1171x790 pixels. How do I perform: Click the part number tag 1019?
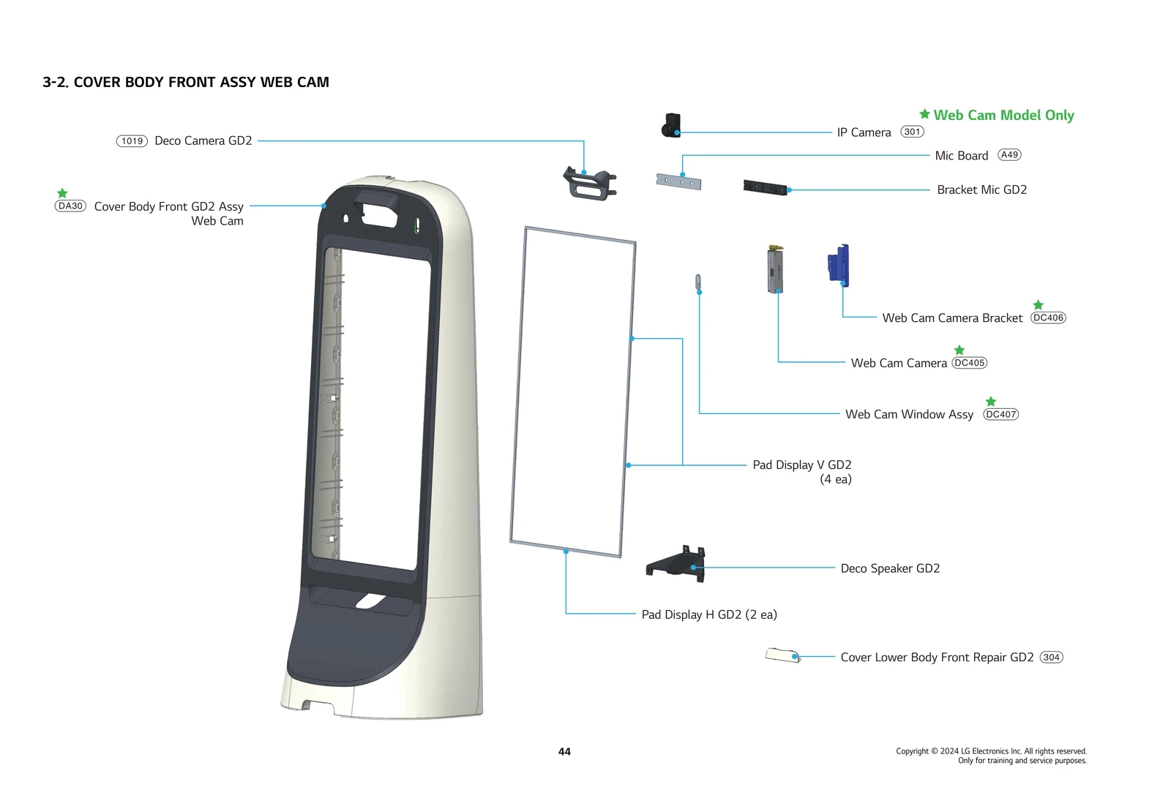point(132,141)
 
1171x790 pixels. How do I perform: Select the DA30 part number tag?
point(70,206)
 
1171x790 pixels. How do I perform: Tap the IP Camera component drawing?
point(672,125)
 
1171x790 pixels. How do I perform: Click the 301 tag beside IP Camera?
point(912,132)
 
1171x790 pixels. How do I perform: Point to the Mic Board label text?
point(961,156)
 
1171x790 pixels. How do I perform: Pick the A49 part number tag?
point(1009,155)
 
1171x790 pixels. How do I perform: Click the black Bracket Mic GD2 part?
point(765,187)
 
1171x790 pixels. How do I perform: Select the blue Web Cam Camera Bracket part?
point(839,265)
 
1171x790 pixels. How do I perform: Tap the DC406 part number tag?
point(1048,317)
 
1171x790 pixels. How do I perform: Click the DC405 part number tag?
point(969,363)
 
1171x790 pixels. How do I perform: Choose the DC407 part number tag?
point(1000,414)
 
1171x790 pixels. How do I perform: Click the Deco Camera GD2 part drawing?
point(589,184)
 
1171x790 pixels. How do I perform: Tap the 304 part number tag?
point(1051,657)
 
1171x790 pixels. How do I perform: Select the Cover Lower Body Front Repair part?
point(782,654)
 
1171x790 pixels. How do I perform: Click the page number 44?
point(564,751)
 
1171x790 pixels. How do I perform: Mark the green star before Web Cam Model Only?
point(924,114)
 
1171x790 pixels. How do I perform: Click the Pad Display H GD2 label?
point(708,614)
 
